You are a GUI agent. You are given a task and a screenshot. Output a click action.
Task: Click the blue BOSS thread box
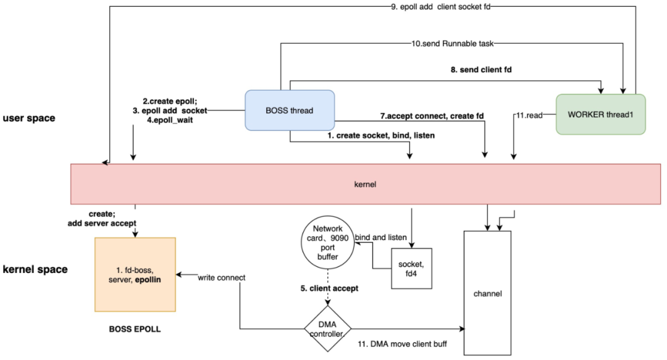(290, 111)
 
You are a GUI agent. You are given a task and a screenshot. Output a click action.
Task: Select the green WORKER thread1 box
(600, 114)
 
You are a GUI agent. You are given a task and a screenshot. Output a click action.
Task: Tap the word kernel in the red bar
(365, 184)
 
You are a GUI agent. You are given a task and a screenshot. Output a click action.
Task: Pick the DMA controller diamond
(327, 327)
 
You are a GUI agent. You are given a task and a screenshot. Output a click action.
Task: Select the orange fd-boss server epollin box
(135, 274)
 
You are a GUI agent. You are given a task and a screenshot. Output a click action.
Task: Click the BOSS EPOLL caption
(135, 329)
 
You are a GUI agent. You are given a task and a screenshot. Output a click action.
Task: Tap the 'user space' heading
(29, 117)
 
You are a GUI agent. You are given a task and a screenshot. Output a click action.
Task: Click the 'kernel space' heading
(35, 269)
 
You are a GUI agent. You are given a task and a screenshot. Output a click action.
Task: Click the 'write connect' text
(222, 277)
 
